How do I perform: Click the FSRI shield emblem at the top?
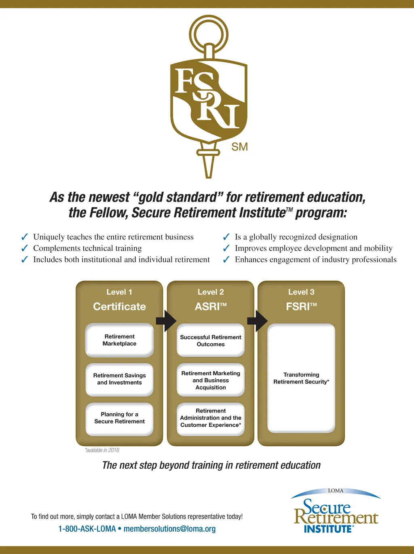[209, 101]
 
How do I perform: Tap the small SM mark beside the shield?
[239, 147]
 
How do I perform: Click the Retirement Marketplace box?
[119, 340]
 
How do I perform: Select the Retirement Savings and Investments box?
[119, 379]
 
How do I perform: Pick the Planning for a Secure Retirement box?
[119, 418]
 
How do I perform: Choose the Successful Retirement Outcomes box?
[211, 340]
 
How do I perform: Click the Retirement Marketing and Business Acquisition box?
[211, 380]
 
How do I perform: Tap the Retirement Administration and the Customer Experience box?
[211, 418]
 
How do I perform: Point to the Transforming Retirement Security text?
[301, 378]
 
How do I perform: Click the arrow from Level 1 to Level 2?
[166, 321]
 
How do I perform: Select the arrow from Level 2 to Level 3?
[257, 321]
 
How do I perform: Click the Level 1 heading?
[119, 292]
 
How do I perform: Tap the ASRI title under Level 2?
[211, 307]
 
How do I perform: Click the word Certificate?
[119, 307]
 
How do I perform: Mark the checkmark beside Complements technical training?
[25, 248]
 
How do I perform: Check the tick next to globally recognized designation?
[226, 237]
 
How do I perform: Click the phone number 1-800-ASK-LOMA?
[87, 529]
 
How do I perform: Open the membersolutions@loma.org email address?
[169, 529]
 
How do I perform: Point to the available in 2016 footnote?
[102, 450]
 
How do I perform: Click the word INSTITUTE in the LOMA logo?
[328, 529]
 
